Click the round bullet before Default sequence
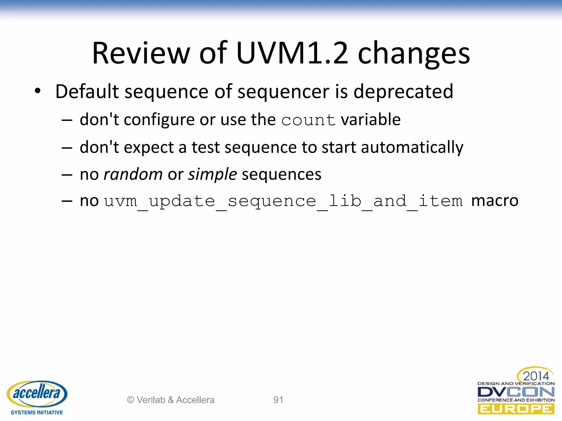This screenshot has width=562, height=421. coord(38,91)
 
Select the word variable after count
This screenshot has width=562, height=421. coord(371,120)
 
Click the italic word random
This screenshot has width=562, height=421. coord(133,175)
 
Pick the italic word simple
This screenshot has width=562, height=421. coord(212,175)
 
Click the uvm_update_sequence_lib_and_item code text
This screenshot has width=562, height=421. coord(283,201)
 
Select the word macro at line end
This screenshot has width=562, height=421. coord(494,201)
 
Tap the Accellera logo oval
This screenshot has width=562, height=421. coord(37,394)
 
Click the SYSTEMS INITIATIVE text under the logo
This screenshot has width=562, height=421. coord(37,413)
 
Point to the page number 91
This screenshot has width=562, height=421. coord(278,400)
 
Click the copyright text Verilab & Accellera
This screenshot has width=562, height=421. coord(170,400)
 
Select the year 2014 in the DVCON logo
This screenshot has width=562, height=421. coord(536,376)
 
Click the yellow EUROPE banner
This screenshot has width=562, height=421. coord(516,409)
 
